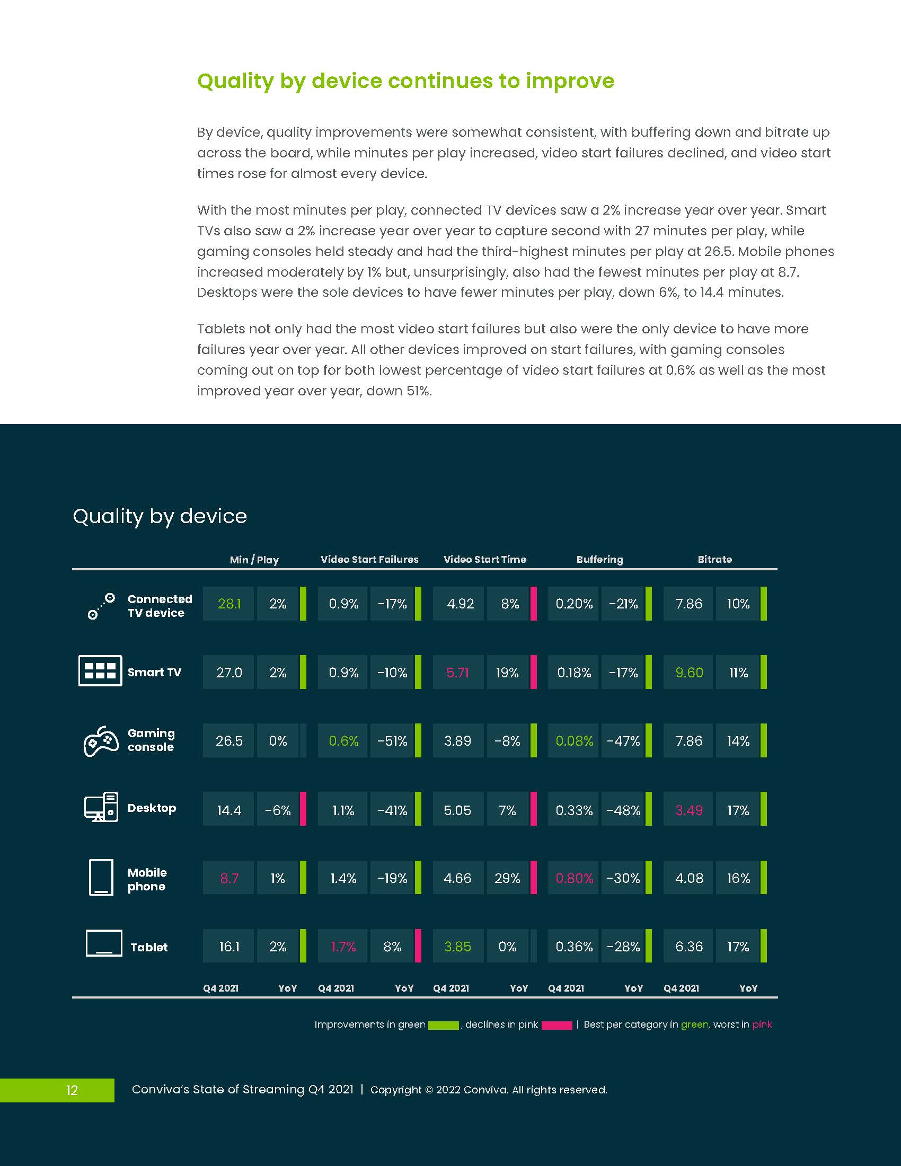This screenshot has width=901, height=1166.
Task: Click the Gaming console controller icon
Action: (x=101, y=740)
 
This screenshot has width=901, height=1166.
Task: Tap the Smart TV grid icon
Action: (x=100, y=670)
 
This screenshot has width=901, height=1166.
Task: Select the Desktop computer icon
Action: (x=101, y=807)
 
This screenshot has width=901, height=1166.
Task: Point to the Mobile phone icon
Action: (x=101, y=877)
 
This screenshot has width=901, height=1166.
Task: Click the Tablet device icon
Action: (x=104, y=943)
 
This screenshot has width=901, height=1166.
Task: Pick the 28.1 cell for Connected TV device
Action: (x=228, y=604)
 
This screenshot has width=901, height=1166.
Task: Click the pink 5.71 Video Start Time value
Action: (x=457, y=672)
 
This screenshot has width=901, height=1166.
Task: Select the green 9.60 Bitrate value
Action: (x=688, y=672)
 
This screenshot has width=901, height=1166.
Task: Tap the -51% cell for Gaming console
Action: (x=392, y=741)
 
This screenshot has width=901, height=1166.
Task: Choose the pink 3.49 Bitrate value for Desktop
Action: (x=688, y=810)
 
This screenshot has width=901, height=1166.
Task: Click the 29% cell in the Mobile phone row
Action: (x=507, y=878)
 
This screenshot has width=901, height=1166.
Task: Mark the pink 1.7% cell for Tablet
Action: (x=343, y=947)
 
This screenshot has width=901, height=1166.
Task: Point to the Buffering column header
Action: (x=599, y=560)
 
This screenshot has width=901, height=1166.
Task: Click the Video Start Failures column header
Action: (x=369, y=560)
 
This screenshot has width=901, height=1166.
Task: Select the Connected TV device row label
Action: (x=160, y=606)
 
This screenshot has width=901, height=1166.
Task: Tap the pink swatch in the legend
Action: (x=556, y=1026)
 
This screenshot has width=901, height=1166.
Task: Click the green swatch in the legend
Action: (x=444, y=1026)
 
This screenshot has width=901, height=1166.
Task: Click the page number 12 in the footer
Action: (x=72, y=1090)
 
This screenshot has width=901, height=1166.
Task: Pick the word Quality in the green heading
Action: (x=235, y=82)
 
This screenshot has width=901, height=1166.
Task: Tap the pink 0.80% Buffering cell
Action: (x=574, y=878)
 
